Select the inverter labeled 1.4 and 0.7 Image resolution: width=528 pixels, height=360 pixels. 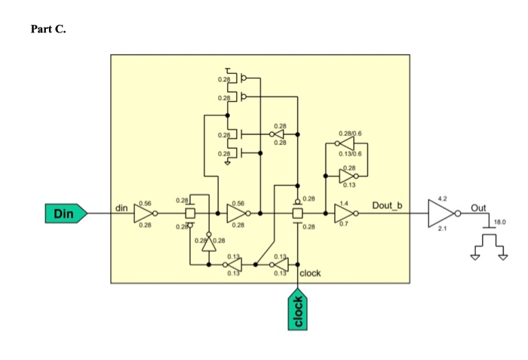[x=345, y=214]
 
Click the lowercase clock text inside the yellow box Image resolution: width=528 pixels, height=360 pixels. [x=311, y=272]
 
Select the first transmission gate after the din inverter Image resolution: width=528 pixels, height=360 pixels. [x=190, y=214]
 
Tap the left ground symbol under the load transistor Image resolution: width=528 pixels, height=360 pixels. [x=474, y=257]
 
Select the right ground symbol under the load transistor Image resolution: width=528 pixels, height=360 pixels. [x=503, y=257]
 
